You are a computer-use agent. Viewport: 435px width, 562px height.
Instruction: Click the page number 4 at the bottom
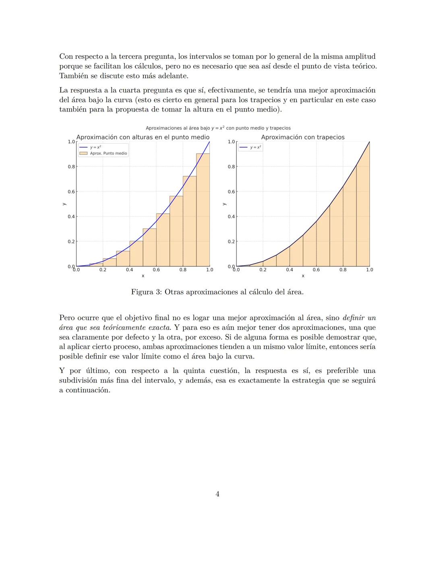click(217, 494)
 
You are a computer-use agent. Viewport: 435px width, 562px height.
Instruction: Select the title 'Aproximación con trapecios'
click(302, 137)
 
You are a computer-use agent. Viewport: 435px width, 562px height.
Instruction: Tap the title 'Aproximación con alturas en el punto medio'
click(143, 137)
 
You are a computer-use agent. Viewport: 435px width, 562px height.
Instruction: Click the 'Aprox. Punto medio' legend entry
click(108, 153)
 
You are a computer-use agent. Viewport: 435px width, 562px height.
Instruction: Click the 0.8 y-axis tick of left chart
click(71, 167)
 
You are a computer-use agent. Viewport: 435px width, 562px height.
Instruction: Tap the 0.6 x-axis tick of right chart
click(316, 270)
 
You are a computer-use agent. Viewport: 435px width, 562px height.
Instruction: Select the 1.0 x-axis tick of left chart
click(209, 270)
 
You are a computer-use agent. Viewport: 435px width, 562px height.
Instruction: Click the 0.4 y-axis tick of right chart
click(231, 216)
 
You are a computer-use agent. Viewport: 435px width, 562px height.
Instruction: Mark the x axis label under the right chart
click(303, 276)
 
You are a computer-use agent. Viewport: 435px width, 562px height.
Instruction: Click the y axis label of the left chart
click(64, 204)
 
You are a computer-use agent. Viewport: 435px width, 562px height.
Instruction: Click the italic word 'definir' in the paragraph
click(353, 318)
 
